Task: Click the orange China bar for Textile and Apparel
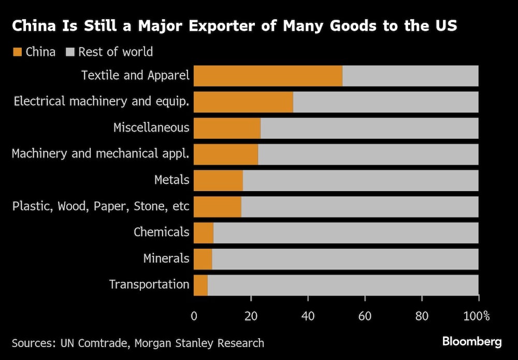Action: pyautogui.click(x=268, y=76)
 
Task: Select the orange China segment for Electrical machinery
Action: pyautogui.click(x=243, y=102)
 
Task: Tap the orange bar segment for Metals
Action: pyautogui.click(x=218, y=180)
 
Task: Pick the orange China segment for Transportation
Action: pyautogui.click(x=200, y=285)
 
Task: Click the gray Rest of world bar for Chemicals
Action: pyautogui.click(x=346, y=233)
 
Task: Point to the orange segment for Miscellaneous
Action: pyautogui.click(x=227, y=128)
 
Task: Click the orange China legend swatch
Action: pyautogui.click(x=17, y=52)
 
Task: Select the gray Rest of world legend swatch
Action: pyautogui.click(x=70, y=52)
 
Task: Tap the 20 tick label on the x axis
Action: pyautogui.click(x=251, y=316)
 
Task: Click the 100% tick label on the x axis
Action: pyautogui.click(x=477, y=316)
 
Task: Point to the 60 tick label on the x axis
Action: pyautogui.click(x=365, y=316)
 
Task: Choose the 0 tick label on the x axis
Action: pyautogui.click(x=194, y=316)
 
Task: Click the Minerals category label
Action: pyautogui.click(x=166, y=258)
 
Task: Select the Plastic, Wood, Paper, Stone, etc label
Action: pyautogui.click(x=100, y=206)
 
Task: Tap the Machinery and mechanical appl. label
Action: pyautogui.click(x=100, y=154)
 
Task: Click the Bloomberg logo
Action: pyautogui.click(x=472, y=342)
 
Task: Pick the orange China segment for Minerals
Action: pyautogui.click(x=203, y=259)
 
